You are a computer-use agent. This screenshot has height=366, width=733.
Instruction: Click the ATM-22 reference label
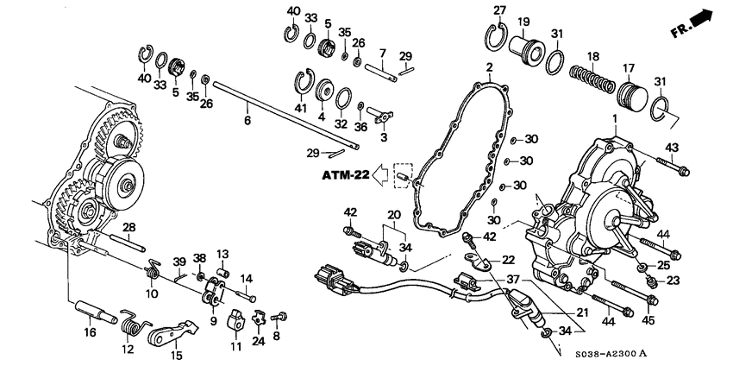[346, 175]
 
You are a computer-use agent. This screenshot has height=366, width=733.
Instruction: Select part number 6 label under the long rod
[247, 120]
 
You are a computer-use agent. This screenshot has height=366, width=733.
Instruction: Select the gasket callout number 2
[489, 67]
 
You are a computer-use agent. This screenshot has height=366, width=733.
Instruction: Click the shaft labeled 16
[96, 312]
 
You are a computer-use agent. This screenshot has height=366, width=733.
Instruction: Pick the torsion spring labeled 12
[134, 323]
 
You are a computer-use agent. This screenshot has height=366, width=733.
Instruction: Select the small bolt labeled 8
[279, 318]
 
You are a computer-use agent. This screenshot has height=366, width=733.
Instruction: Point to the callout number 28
[128, 227]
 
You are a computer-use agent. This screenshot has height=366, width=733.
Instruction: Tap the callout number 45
[648, 320]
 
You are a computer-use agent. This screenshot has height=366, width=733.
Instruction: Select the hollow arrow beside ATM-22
[380, 175]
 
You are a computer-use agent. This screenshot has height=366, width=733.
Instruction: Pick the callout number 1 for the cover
[615, 120]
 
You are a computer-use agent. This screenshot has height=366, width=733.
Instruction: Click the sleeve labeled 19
[525, 49]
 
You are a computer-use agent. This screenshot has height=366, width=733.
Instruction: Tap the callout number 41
[300, 109]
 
